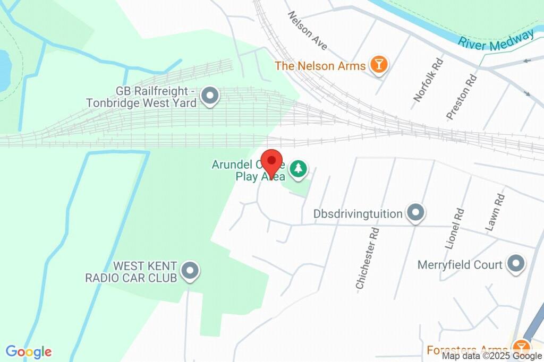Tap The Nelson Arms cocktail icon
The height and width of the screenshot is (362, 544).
[x=379, y=65]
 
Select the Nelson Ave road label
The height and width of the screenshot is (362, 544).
[x=308, y=31]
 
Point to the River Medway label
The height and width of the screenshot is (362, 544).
[x=496, y=40]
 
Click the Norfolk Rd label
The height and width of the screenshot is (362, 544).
[x=429, y=80]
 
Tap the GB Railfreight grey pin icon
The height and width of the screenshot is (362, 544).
[x=211, y=96]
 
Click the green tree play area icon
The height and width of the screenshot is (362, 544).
[x=299, y=169]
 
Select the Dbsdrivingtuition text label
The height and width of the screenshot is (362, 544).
[x=358, y=214]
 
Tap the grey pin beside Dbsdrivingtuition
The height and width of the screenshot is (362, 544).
[x=415, y=213]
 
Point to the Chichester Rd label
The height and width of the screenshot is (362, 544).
[x=368, y=259]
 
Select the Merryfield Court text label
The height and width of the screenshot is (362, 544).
[x=460, y=264]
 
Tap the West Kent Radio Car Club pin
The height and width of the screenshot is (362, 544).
[x=190, y=272]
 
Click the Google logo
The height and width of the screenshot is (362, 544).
[x=29, y=351]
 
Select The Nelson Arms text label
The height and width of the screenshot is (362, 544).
[x=320, y=66]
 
